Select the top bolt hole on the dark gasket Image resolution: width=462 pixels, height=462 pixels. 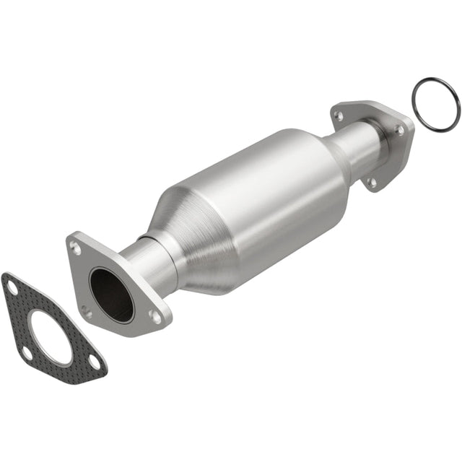point(12,288)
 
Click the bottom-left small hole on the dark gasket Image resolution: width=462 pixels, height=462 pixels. point(27,353)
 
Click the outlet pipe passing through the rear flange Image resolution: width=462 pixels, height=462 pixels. point(365,144)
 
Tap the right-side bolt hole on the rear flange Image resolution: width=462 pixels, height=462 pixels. point(399,131)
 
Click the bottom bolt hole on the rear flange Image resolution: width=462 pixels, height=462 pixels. point(372,183)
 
